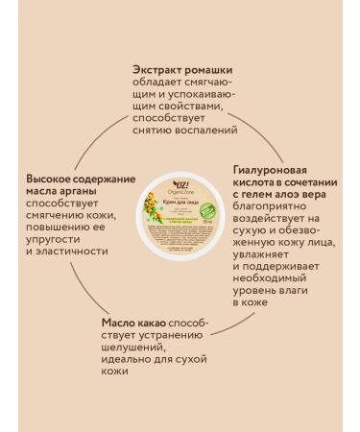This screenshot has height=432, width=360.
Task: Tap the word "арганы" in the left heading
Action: click(x=80, y=193)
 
